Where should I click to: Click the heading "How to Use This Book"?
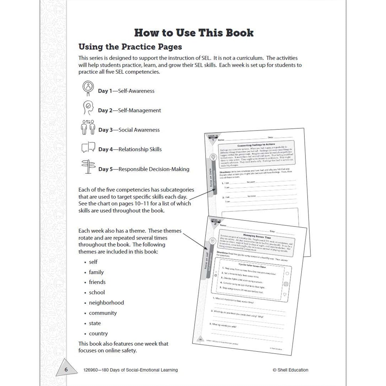click(194, 33)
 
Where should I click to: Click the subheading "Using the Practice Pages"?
click(130, 47)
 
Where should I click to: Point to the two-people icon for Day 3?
click(88, 127)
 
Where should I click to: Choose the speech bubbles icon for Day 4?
click(88, 147)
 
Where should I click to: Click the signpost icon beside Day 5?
click(88, 167)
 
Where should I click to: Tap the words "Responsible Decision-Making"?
click(154, 169)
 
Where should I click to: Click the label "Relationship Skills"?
click(140, 149)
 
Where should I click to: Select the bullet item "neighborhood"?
click(106, 303)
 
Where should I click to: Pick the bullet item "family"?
click(96, 272)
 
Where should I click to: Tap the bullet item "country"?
click(98, 333)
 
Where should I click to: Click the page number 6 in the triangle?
click(66, 370)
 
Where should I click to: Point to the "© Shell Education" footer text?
click(290, 370)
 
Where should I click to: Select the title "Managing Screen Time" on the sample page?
click(257, 236)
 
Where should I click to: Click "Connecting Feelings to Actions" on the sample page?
click(256, 145)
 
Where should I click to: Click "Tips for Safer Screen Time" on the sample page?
click(252, 266)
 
